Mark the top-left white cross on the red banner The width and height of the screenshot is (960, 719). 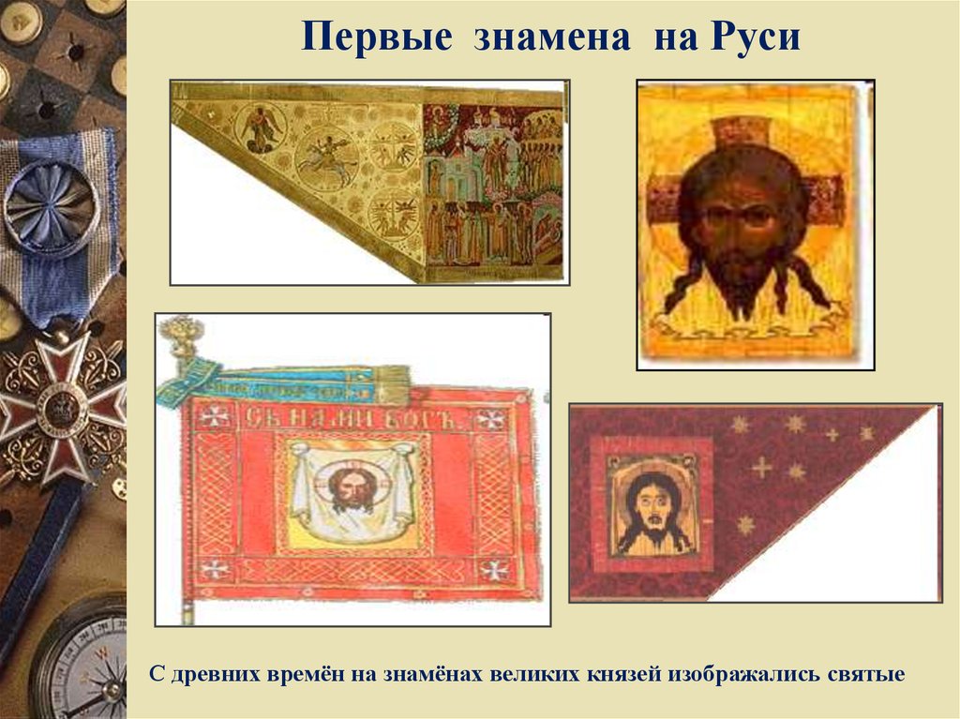click(x=215, y=417)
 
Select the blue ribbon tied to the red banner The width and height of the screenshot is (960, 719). click(x=281, y=382)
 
